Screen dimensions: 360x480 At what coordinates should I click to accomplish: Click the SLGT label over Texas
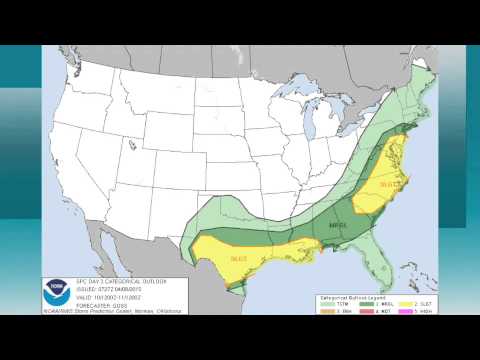point(239,259)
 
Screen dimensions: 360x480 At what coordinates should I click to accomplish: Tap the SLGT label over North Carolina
point(388,183)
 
